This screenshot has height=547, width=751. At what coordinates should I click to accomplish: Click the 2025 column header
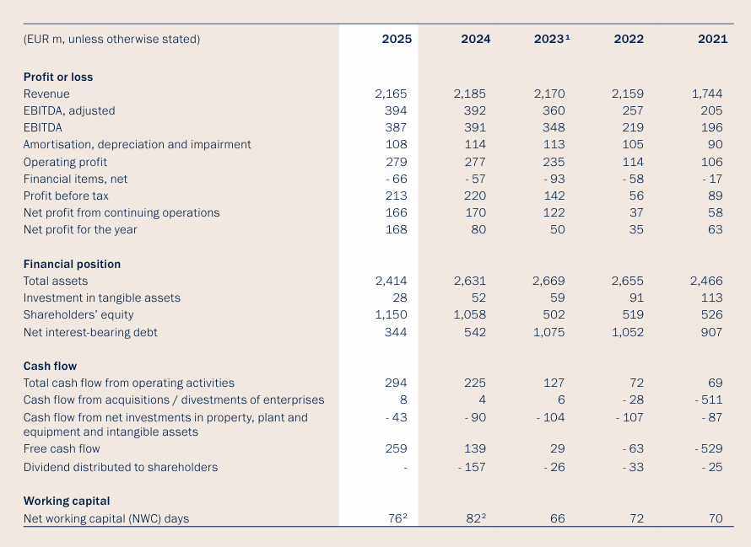[x=397, y=39]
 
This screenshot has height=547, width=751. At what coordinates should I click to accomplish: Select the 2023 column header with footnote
[x=552, y=39]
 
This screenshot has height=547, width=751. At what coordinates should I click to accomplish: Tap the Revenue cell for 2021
[x=707, y=94]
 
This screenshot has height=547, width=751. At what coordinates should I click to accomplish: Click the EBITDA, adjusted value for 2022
[x=632, y=110]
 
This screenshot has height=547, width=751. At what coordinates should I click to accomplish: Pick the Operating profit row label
[x=65, y=162]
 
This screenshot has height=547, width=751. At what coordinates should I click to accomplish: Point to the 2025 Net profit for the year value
[x=396, y=229]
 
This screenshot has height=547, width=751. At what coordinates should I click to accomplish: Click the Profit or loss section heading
[x=58, y=77]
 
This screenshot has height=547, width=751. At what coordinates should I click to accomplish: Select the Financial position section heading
[x=72, y=264]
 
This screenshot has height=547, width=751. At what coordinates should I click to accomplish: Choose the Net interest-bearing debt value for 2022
[x=628, y=332]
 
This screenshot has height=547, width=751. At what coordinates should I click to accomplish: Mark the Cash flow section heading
[x=50, y=366]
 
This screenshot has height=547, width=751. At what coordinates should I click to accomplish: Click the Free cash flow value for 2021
[x=709, y=448]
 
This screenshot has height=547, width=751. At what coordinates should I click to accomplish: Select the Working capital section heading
[x=67, y=501]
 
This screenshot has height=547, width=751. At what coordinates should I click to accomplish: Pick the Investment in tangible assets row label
[x=101, y=298]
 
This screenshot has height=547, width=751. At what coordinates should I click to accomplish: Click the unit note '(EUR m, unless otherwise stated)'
[x=111, y=39]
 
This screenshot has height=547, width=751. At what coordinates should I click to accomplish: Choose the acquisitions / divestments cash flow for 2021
[x=709, y=400]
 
